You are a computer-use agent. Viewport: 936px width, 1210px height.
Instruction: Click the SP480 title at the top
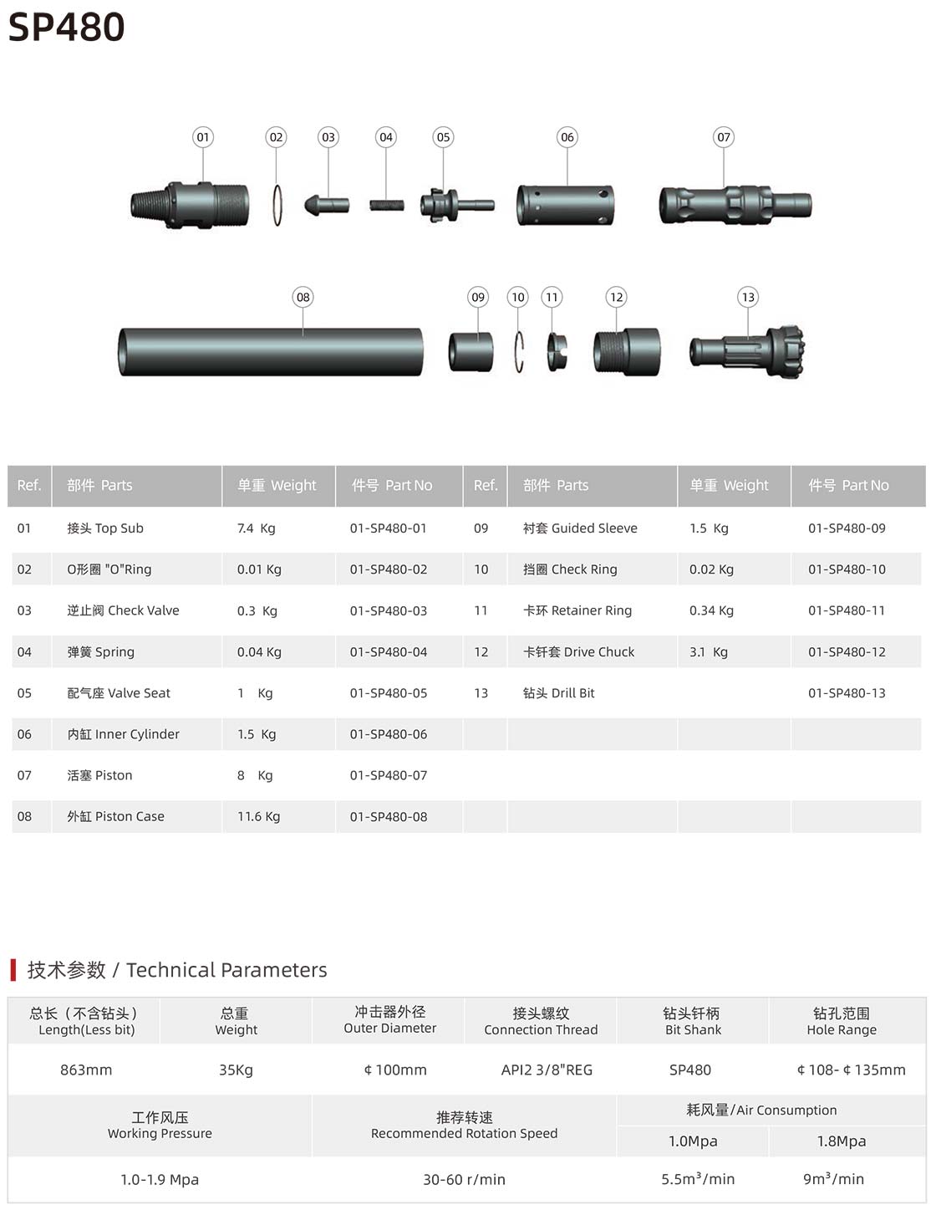(x=66, y=27)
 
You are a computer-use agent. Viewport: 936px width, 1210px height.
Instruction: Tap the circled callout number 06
(x=567, y=137)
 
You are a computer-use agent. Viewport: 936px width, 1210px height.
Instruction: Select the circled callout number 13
(x=748, y=297)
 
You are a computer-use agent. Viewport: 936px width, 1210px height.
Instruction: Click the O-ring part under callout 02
(x=277, y=205)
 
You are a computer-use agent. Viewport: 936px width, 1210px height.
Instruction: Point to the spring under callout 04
(x=387, y=206)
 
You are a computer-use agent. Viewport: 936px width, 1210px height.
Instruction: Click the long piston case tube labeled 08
(x=271, y=352)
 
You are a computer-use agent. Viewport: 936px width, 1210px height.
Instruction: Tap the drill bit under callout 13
(x=747, y=352)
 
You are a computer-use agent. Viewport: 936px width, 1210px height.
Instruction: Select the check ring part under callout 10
(x=519, y=352)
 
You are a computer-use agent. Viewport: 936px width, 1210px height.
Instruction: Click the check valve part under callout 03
(x=327, y=205)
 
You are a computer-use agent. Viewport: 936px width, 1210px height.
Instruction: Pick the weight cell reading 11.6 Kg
(x=259, y=816)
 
